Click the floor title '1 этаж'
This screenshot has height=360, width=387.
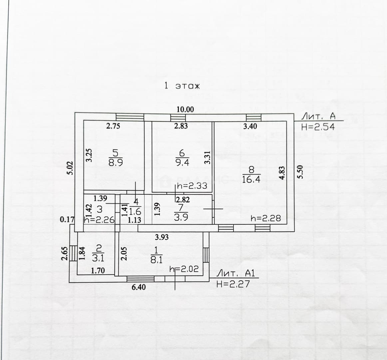point(182,86)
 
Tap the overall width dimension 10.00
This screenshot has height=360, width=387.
point(185,109)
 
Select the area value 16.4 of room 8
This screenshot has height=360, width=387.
point(251,179)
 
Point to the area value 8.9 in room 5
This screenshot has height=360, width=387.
point(116,163)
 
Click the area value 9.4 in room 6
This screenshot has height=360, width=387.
point(182,162)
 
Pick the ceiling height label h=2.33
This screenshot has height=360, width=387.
point(192,186)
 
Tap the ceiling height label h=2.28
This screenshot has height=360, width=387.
point(265,218)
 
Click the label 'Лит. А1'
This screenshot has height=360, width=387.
point(235,273)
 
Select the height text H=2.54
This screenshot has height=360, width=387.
point(318,127)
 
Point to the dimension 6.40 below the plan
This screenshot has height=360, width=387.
point(139,287)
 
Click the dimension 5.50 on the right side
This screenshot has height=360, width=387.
point(300,172)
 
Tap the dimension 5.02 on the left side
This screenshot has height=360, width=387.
point(71,168)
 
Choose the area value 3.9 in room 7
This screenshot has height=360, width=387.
point(181,217)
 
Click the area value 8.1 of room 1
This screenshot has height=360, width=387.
point(156,260)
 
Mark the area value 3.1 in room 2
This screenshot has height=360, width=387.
point(98,258)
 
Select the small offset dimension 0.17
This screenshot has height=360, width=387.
point(67,219)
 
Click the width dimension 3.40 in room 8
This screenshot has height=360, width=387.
point(250,126)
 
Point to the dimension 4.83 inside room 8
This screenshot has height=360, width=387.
point(282,173)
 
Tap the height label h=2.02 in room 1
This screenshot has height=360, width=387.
point(184,269)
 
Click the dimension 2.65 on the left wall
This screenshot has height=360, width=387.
point(65,254)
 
